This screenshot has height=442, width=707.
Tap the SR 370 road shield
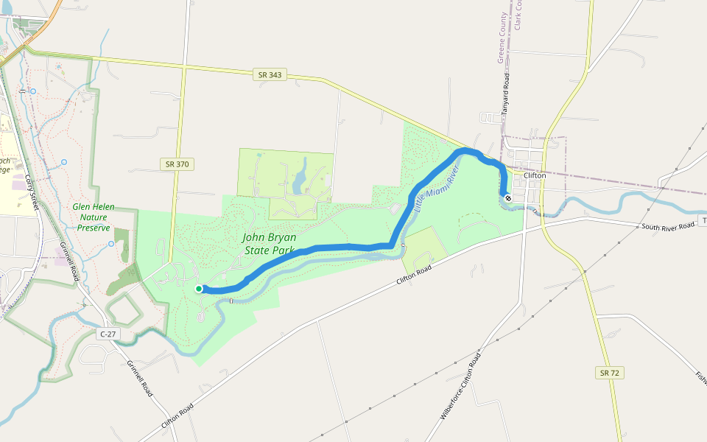coord(177,164)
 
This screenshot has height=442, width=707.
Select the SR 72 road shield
coord(609,373)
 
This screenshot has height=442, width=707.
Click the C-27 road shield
coord(108,334)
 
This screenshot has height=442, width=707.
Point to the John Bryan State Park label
coord(270,244)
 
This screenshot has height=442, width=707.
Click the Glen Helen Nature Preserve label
coord(94,217)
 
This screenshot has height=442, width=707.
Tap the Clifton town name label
coord(535,176)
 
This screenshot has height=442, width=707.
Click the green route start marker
coord(199,289)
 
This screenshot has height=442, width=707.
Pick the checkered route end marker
coord(507,197)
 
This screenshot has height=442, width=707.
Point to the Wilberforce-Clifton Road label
coord(461,386)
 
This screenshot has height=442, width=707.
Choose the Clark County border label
coord(518,15)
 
